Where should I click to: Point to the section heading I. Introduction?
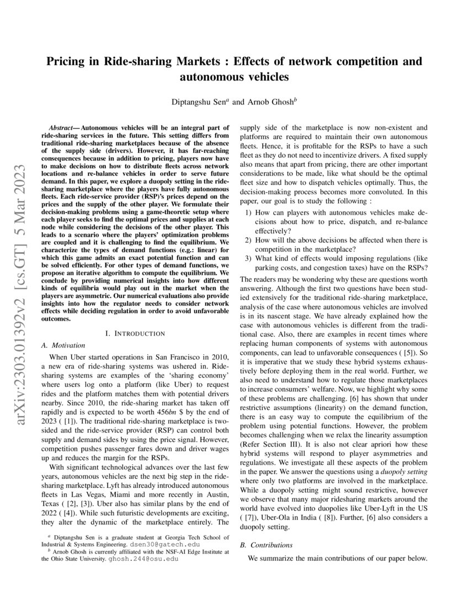(135, 333)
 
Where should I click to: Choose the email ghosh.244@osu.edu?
(142, 558)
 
